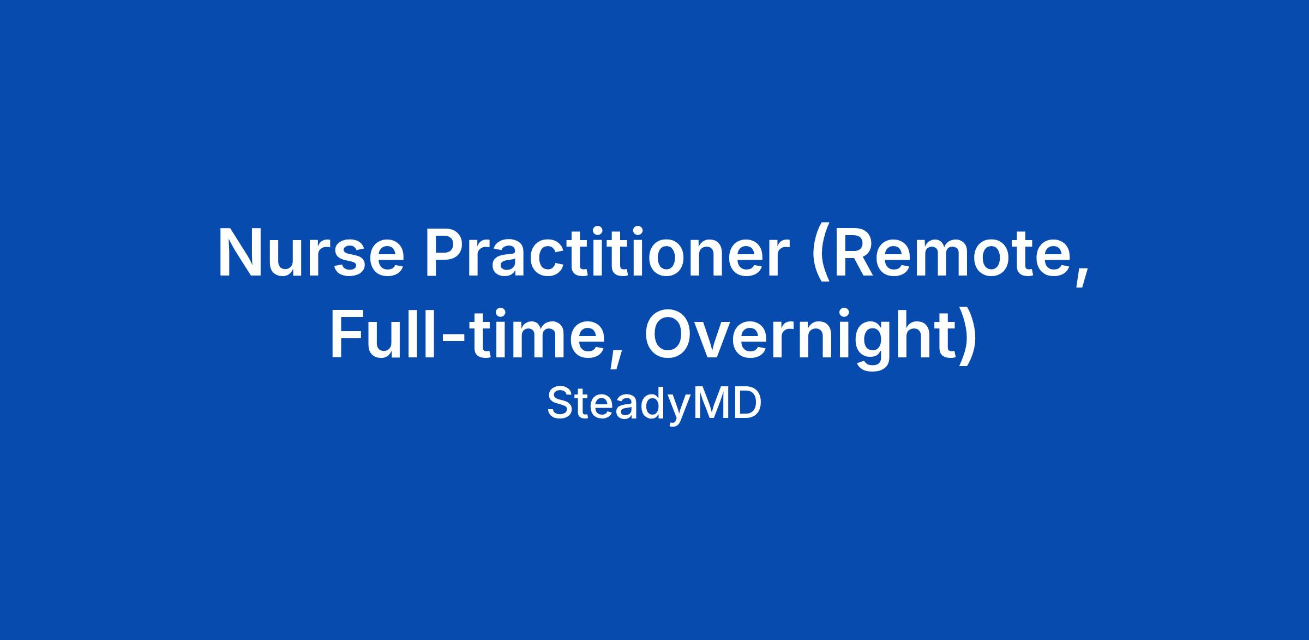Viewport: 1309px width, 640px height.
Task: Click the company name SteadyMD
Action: pyautogui.click(x=654, y=404)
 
